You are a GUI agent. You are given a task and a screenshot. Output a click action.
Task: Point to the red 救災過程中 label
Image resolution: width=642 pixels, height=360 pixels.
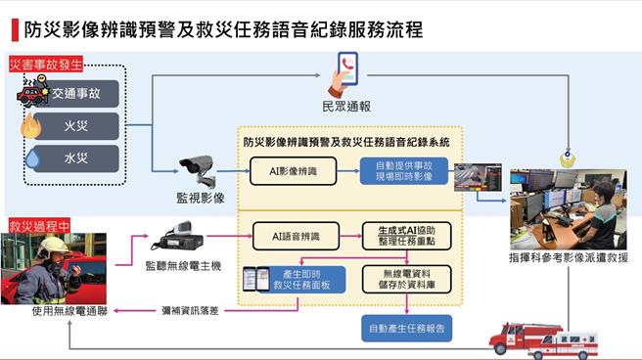point(39,225)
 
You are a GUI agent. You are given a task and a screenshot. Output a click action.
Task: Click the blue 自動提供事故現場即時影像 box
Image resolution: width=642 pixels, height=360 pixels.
point(404,172)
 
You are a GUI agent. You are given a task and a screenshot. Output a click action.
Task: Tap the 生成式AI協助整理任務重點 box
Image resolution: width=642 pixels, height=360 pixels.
point(403,236)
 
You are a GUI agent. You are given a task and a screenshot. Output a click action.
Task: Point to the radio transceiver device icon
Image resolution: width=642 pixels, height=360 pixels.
point(179,238)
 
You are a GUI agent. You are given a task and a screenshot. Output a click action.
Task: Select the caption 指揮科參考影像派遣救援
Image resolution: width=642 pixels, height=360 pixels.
point(569,257)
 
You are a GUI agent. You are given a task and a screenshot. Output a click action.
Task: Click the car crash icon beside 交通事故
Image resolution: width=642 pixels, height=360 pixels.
point(31,94)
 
